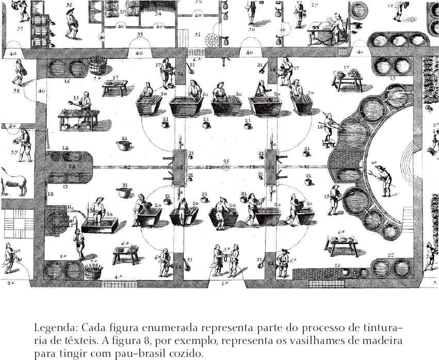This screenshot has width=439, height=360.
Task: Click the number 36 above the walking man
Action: (69, 5)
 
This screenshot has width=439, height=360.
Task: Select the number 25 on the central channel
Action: (225, 162)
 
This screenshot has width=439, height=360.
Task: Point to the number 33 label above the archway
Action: (139, 35)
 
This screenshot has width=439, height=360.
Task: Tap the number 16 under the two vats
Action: (67, 81)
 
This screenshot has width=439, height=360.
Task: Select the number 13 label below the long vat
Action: (66, 187)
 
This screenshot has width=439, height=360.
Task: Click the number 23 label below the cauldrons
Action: (393, 78)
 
